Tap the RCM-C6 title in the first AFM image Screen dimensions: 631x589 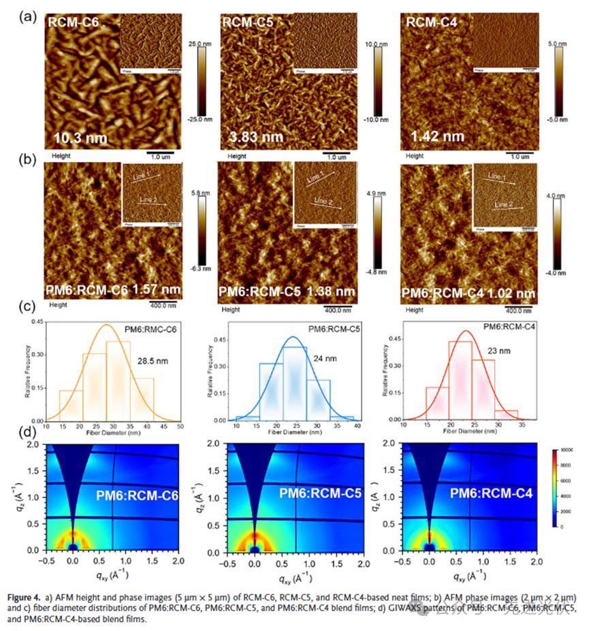(73, 23)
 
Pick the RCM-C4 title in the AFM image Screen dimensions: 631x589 (432, 22)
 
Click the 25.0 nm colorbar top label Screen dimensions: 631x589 (197, 43)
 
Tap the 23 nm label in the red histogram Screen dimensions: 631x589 (503, 352)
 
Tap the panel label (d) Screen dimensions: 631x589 (27, 433)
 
